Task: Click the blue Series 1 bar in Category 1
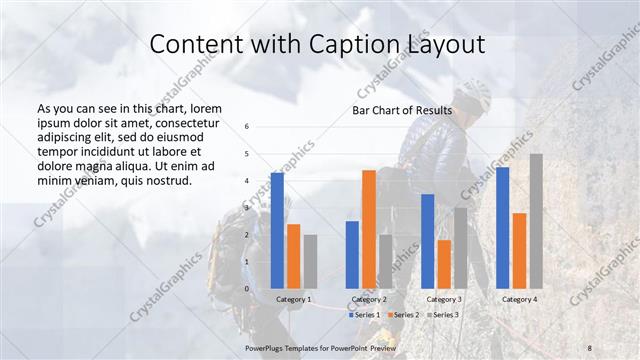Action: coord(277,230)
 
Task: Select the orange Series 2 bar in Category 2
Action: coord(369,229)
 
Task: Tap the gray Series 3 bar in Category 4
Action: coord(536,221)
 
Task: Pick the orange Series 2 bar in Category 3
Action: coord(444,264)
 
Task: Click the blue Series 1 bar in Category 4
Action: coord(502,228)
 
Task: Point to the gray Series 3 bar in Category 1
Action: coord(310,261)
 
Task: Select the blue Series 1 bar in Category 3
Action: coord(427,241)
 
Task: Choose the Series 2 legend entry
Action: coord(402,315)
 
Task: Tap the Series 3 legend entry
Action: coord(442,315)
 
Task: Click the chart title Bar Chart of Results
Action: coord(402,110)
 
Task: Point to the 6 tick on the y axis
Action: coord(247,127)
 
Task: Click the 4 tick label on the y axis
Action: coord(247,181)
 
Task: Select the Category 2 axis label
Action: coord(369,299)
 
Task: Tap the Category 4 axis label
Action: coord(519,299)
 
